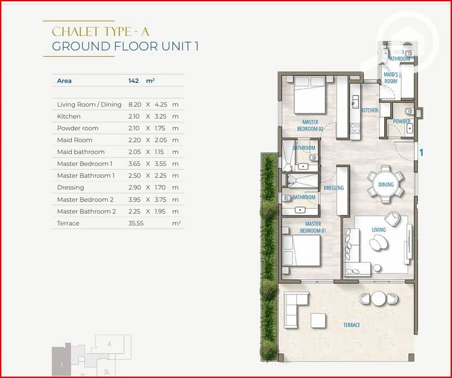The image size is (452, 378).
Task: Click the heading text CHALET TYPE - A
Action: click(x=101, y=32)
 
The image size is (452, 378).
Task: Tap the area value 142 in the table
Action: click(x=133, y=81)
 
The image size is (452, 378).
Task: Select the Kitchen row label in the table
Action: click(x=68, y=116)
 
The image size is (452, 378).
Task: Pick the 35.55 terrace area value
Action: click(x=136, y=223)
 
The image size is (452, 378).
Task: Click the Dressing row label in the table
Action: click(x=70, y=187)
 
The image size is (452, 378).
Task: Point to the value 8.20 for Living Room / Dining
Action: click(x=134, y=104)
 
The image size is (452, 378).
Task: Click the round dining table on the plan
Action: click(x=386, y=184)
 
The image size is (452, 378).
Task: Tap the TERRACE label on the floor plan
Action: click(x=351, y=325)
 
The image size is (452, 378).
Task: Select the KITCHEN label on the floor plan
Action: click(x=370, y=110)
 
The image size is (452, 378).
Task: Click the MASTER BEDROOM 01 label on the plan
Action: click(x=313, y=227)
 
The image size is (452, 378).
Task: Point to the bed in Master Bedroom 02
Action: click(x=310, y=95)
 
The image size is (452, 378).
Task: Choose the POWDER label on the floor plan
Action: click(x=402, y=121)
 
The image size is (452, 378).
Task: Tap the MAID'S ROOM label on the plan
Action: click(x=390, y=78)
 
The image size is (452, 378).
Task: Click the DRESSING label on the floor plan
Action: click(x=333, y=188)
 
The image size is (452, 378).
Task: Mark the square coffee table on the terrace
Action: click(x=318, y=320)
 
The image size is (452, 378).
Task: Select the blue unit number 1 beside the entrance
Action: click(x=421, y=152)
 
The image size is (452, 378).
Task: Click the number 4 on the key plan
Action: click(x=109, y=344)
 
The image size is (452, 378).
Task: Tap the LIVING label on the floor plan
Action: click(x=379, y=230)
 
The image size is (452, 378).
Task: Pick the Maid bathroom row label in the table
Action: click(x=81, y=152)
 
